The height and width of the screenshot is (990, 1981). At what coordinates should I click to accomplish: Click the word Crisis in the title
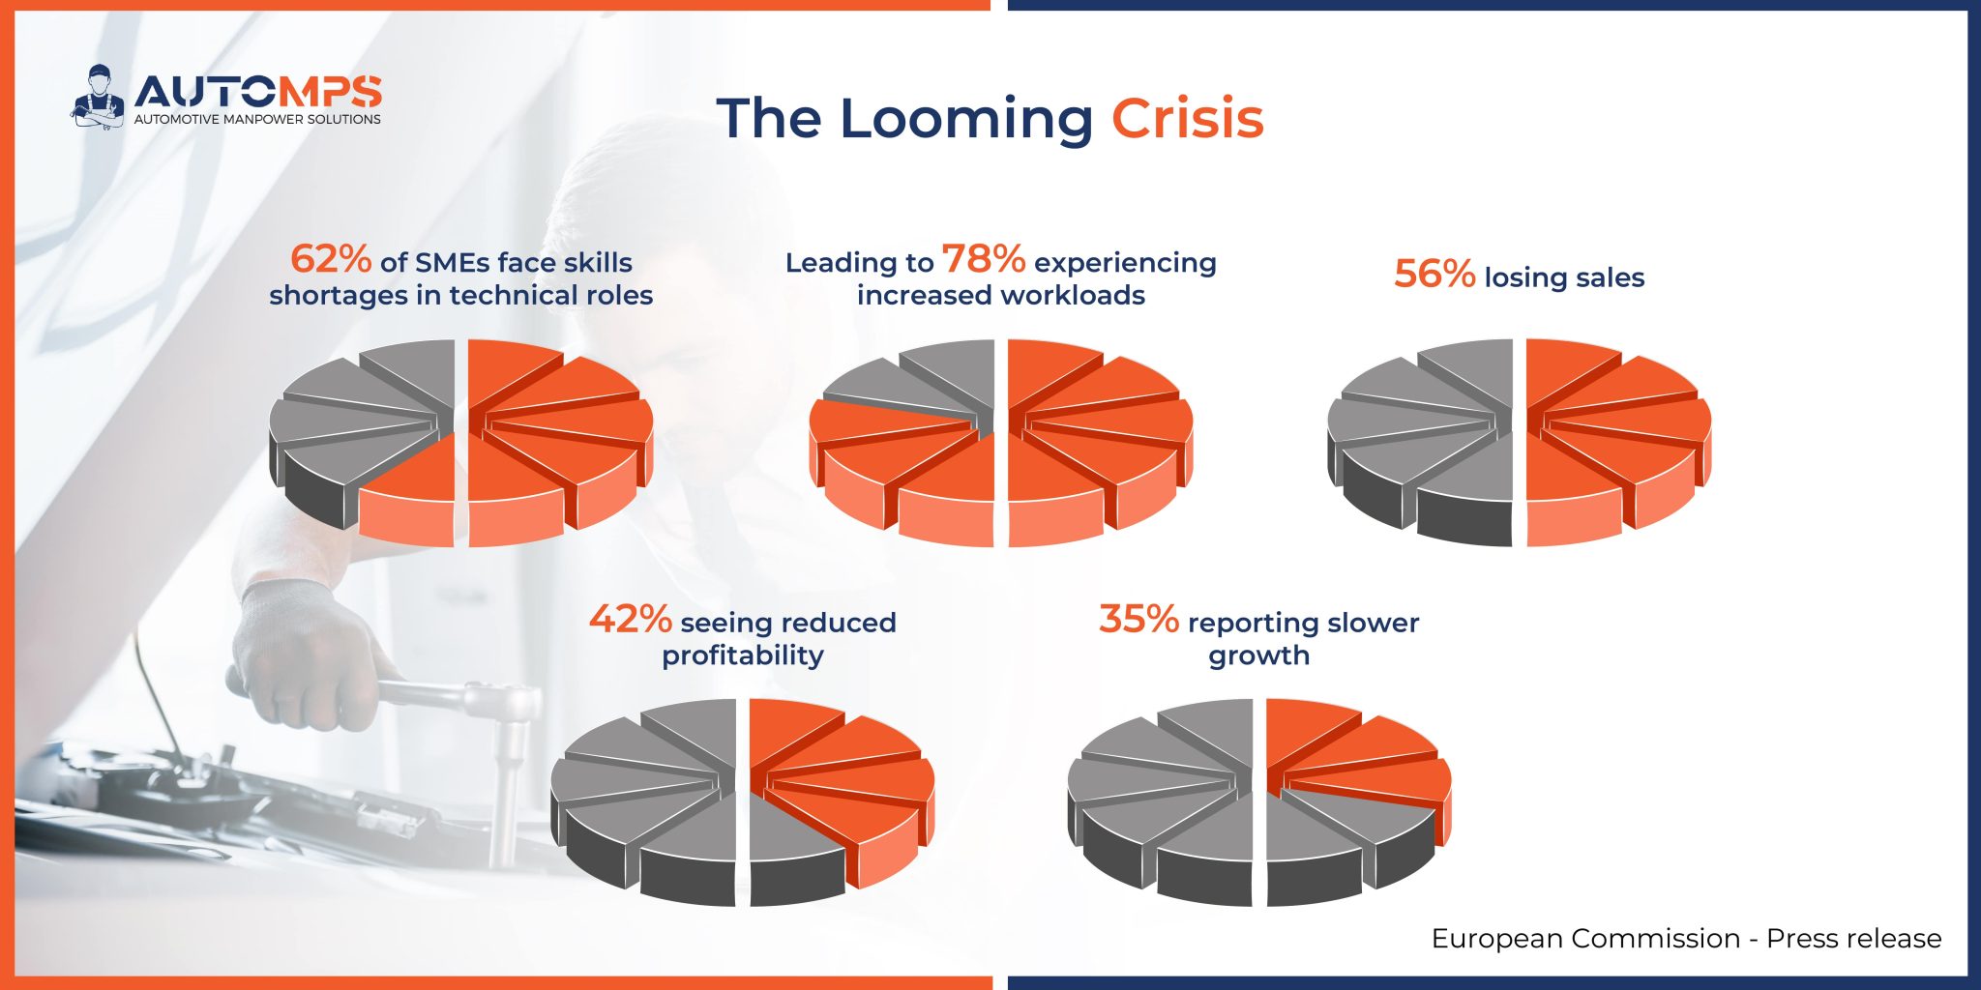pyautogui.click(x=1187, y=119)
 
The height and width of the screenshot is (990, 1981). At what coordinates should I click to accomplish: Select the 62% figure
pyautogui.click(x=331, y=259)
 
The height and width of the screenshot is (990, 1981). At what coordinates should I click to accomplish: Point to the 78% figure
pyautogui.click(x=983, y=259)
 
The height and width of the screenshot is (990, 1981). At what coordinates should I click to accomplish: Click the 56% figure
pyautogui.click(x=1434, y=275)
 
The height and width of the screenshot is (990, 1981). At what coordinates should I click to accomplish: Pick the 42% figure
pyautogui.click(x=630, y=619)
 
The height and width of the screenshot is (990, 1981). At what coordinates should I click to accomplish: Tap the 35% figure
pyautogui.click(x=1138, y=619)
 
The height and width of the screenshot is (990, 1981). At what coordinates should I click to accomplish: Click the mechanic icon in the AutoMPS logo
pyautogui.click(x=98, y=97)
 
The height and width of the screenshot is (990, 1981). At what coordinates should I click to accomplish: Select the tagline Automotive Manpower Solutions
pyautogui.click(x=257, y=120)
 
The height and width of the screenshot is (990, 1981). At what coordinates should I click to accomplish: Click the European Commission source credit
pyautogui.click(x=1686, y=938)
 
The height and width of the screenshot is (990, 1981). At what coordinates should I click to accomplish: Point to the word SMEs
pyautogui.click(x=454, y=263)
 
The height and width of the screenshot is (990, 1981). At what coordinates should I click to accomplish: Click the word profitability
pyautogui.click(x=743, y=655)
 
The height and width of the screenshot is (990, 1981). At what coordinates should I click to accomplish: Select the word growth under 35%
pyautogui.click(x=1258, y=655)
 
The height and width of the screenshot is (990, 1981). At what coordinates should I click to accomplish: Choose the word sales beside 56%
pyautogui.click(x=1605, y=277)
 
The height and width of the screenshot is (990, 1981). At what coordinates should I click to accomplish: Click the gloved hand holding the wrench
pyautogui.click(x=300, y=648)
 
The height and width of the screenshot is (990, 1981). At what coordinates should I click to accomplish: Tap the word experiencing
pyautogui.click(x=1125, y=263)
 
